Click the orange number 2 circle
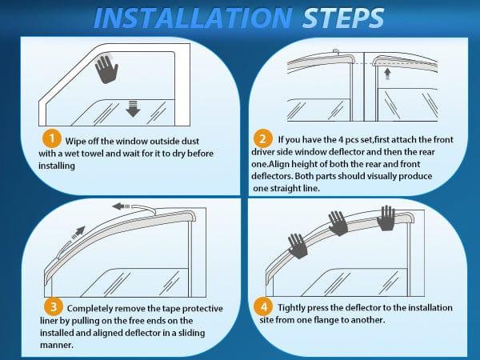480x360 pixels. point(264,137)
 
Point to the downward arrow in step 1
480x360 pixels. point(133,109)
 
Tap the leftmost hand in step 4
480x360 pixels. point(298,246)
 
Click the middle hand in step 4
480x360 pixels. point(338,223)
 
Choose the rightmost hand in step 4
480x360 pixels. point(387,216)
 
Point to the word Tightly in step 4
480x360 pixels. point(294,308)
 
